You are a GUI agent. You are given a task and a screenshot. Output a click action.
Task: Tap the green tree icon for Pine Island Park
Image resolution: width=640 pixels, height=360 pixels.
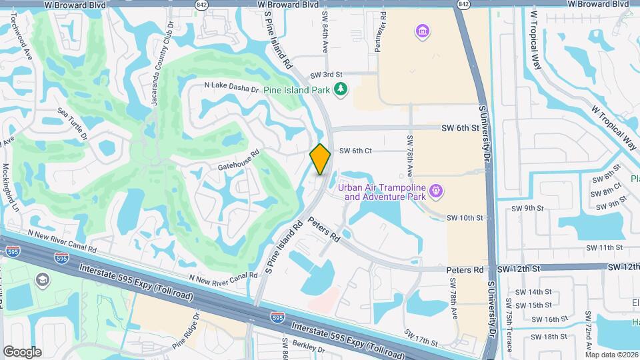coord(341,89)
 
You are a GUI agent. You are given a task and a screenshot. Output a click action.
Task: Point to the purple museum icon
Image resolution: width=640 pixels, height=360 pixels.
coord(421,31)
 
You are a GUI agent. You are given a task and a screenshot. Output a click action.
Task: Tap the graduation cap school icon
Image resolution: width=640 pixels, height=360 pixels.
coord(44,279)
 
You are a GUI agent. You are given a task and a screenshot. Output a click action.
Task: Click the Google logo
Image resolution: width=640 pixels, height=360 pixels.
coord(22,351)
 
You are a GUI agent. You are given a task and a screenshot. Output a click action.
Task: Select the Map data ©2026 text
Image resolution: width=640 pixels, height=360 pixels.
coord(611,355)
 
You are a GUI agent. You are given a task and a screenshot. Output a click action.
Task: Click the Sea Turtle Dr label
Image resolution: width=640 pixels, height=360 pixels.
coord(73,124)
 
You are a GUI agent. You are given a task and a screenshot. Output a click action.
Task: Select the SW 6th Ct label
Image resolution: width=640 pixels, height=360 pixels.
coord(355,151)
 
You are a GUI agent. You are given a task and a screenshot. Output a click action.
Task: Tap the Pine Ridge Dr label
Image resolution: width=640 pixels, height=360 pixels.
coord(186,333)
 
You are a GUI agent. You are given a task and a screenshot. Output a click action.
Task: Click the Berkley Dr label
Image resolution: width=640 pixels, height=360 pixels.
coord(308,349)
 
